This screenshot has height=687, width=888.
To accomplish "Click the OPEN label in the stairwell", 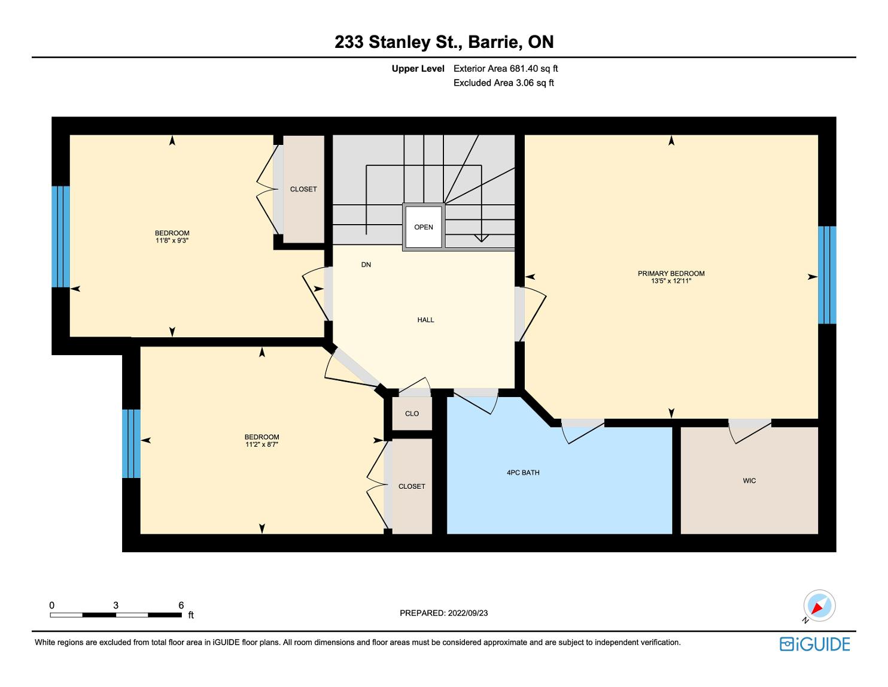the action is [x=424, y=227].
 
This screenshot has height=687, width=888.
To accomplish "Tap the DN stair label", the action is [x=366, y=265].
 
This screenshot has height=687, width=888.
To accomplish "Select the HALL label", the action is [x=425, y=320].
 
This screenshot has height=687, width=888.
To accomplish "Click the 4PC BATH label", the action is [x=523, y=473].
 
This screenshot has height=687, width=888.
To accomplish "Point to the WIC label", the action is [x=749, y=480].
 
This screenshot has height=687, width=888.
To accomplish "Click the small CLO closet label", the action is [x=412, y=413].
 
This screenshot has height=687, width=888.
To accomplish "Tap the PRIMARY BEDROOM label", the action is [x=671, y=273].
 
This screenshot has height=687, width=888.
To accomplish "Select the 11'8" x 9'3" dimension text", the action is [x=172, y=240].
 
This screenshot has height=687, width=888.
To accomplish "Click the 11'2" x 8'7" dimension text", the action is [x=261, y=444].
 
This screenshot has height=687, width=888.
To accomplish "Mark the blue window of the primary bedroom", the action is [x=827, y=275].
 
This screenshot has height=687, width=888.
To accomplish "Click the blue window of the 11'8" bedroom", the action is [x=60, y=237].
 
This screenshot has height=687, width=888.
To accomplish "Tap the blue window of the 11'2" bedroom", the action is [x=131, y=444].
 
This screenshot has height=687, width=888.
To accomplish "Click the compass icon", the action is [x=819, y=606].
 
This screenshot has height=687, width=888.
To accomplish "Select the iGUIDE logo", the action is [x=814, y=644].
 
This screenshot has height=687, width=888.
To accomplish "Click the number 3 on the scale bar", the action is [x=115, y=605].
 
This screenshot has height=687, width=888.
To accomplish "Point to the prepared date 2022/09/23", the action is [x=468, y=613].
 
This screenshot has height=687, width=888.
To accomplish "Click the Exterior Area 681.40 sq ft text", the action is [x=506, y=68].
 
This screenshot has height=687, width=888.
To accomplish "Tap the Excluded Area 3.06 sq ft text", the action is [x=503, y=83].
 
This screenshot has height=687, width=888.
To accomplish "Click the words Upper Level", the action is [x=418, y=68].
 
